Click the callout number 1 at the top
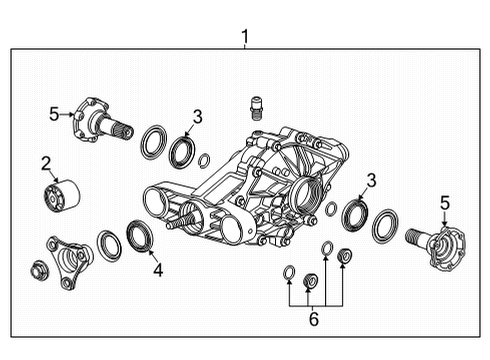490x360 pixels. [x=245, y=38]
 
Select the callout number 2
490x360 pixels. [x=46, y=162]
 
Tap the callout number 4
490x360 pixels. [x=156, y=269]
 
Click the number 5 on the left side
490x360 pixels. [x=54, y=113]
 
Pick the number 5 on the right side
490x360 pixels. [x=443, y=203]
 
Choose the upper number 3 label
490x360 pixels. [x=197, y=117]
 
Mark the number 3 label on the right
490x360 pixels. [x=371, y=180]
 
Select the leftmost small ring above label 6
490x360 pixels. [x=289, y=272]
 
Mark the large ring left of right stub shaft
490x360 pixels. [x=384, y=227]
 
